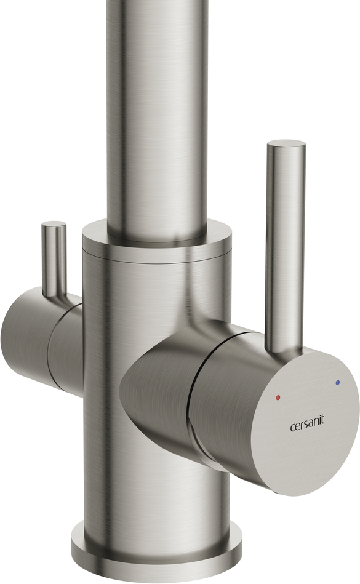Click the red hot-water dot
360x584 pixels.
[x=278, y=398]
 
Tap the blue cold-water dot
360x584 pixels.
[x=337, y=383]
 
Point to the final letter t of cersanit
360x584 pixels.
[x=322, y=420]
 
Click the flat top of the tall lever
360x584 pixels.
[x=286, y=145]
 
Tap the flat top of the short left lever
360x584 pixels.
[x=54, y=225]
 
